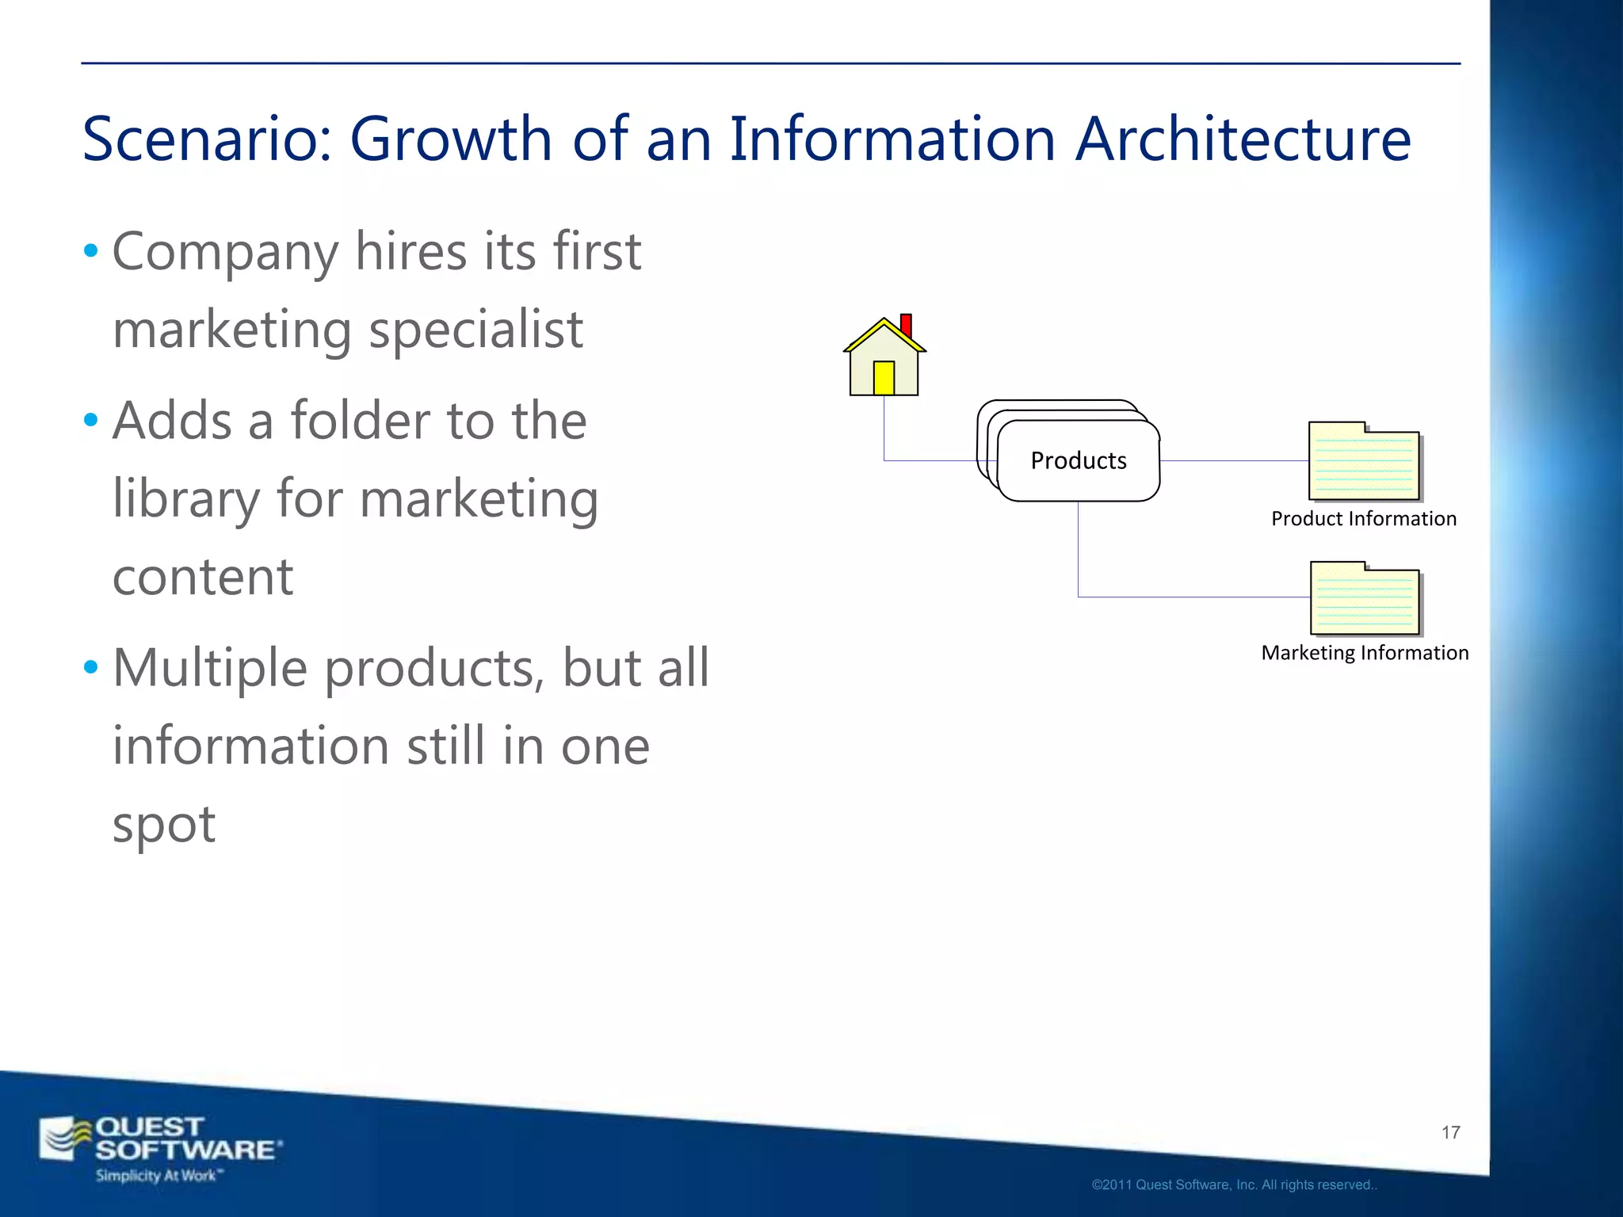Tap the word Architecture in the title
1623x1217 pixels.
pyautogui.click(x=1243, y=139)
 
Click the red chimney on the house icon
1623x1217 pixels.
pyautogui.click(x=906, y=326)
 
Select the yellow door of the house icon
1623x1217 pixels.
pyautogui.click(x=884, y=378)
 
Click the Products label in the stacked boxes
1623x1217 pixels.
pyautogui.click(x=1078, y=460)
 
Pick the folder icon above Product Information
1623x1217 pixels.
pyautogui.click(x=1364, y=462)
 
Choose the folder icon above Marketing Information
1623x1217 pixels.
pyautogui.click(x=1365, y=599)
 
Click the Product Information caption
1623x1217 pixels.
pyautogui.click(x=1363, y=519)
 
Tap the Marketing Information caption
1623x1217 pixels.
pyautogui.click(x=1365, y=653)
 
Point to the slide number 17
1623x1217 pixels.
pyautogui.click(x=1450, y=1133)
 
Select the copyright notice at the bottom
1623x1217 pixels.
pyautogui.click(x=1234, y=1185)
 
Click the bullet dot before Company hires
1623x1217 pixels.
pyautogui.click(x=91, y=252)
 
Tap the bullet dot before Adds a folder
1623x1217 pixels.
pyautogui.click(x=91, y=421)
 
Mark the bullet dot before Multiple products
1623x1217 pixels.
pyautogui.click(x=91, y=668)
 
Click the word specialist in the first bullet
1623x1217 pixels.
pyautogui.click(x=475, y=330)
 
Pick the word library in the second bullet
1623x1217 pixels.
pyautogui.click(x=185, y=499)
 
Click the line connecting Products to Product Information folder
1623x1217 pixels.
pyautogui.click(x=1233, y=460)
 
